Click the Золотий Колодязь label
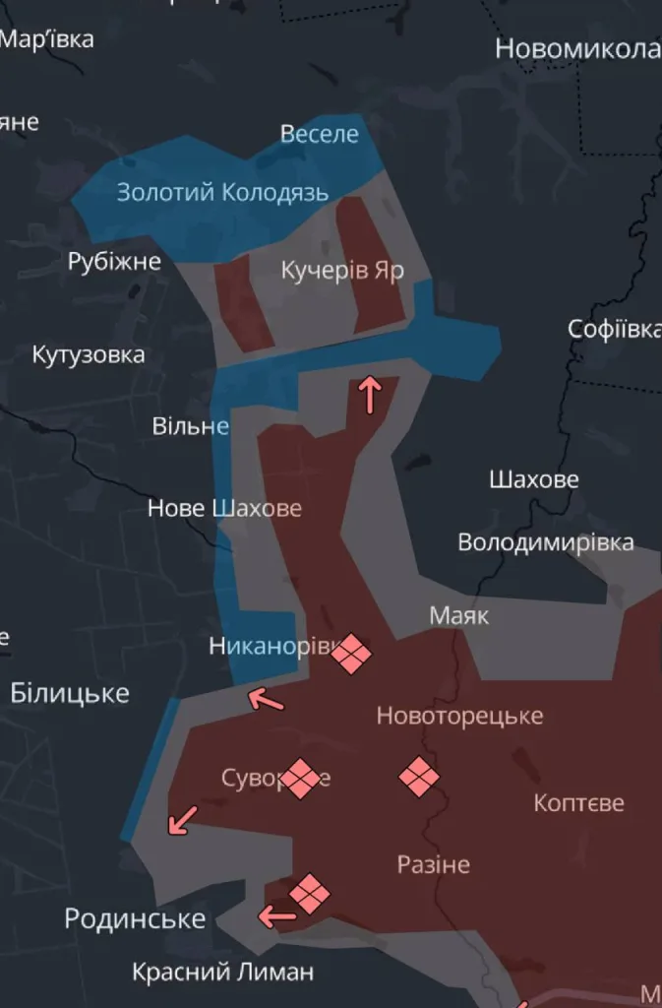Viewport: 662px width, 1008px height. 222,192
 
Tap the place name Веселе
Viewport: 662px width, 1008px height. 320,134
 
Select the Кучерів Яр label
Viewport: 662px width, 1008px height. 342,271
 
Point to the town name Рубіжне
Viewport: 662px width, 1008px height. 114,262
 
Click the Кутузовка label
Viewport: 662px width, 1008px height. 89,354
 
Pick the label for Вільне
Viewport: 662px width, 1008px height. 190,426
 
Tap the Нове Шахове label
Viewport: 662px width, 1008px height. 224,508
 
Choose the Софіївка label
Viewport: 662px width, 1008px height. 614,330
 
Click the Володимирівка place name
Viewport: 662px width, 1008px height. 546,542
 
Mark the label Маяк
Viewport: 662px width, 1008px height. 459,616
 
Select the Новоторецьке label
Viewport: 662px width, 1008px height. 459,716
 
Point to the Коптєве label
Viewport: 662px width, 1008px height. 578,803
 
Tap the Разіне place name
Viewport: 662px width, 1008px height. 433,865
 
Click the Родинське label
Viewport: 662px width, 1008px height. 135,919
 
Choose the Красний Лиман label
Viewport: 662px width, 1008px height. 223,972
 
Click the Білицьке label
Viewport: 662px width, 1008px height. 70,693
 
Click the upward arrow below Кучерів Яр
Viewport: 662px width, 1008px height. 370,395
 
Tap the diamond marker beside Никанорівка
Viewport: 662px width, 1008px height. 351,653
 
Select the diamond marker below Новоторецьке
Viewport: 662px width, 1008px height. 419,777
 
